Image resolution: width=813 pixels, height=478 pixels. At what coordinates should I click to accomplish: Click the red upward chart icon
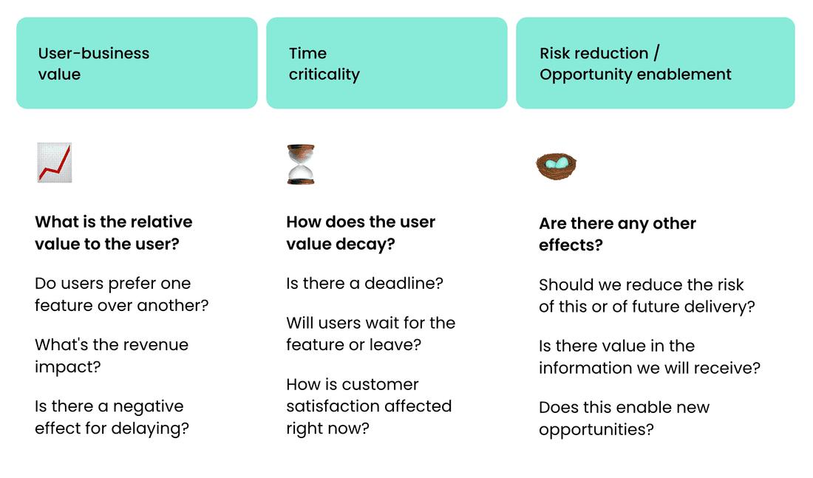click(55, 163)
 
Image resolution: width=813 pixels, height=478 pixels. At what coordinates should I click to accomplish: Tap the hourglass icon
click(301, 164)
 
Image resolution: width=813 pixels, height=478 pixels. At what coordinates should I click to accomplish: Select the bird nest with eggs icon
click(556, 166)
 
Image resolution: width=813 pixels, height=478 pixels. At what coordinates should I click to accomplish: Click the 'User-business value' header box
click(137, 64)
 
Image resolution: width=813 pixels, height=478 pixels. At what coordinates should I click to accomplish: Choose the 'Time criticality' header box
click(387, 64)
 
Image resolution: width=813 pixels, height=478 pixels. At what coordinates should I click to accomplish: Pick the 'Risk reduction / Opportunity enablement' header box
click(656, 64)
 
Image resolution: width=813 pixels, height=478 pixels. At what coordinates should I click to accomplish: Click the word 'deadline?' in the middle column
click(404, 284)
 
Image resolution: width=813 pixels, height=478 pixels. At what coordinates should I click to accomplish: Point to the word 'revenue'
click(157, 345)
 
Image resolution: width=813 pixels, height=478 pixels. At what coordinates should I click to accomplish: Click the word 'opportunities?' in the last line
click(596, 430)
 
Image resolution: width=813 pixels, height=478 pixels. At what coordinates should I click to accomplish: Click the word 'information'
click(586, 368)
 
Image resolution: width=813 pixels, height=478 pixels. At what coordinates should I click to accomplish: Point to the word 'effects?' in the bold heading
click(571, 245)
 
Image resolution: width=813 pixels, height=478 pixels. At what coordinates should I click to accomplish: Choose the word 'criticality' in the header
click(324, 75)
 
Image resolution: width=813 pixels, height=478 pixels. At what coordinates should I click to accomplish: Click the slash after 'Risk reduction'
click(656, 53)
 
